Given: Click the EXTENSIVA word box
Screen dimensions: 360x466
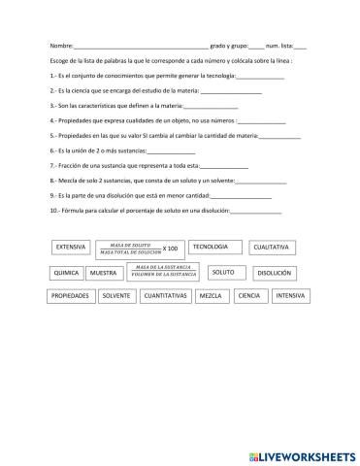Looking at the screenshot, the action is point(71,247).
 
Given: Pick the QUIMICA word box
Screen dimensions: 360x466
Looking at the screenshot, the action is point(66,273).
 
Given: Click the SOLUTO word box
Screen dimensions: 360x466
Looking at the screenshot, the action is point(223,272).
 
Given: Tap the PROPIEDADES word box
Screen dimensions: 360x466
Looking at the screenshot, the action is point(71,295).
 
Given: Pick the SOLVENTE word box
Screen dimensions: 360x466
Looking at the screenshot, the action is point(116,295).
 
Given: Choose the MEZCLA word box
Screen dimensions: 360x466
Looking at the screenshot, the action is point(212,295).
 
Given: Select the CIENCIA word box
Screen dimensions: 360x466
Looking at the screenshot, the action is point(249,295).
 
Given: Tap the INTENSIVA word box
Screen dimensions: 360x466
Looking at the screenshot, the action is point(290,295).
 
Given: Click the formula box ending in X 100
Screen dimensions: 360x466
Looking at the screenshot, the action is point(140,248).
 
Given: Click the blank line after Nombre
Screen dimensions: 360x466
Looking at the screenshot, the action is point(141,48).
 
